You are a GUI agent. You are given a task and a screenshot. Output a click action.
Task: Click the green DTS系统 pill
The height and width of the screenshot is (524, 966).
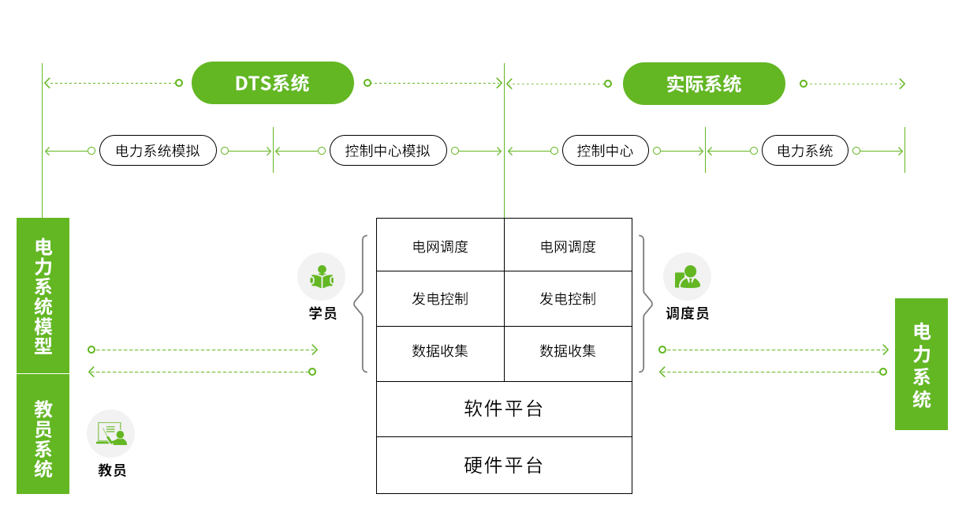point(273,83)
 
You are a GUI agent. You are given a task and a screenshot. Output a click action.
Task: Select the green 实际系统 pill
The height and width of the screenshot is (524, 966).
point(703,84)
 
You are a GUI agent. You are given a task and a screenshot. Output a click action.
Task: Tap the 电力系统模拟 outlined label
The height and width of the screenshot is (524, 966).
point(158,151)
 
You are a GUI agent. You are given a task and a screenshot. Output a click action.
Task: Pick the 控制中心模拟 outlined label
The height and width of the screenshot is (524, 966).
point(388,151)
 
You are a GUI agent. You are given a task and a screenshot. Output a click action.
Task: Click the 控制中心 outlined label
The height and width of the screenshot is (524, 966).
point(605,151)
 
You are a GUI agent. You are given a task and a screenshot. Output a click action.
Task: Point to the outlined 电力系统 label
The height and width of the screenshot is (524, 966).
point(804,151)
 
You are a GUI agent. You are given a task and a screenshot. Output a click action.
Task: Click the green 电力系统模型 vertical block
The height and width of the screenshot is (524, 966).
point(43,295)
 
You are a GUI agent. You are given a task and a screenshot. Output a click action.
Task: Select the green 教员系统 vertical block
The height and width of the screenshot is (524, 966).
point(43,434)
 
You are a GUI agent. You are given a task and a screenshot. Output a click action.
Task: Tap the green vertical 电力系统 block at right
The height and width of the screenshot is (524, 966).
point(921,364)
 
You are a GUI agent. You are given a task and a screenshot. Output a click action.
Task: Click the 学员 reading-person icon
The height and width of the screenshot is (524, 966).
point(321,277)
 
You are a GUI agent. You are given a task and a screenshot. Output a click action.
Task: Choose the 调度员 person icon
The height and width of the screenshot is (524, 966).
point(687,277)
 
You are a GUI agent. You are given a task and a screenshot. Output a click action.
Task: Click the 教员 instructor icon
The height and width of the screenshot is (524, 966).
point(111,433)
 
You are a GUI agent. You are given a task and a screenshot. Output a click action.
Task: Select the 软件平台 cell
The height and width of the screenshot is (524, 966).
point(504,409)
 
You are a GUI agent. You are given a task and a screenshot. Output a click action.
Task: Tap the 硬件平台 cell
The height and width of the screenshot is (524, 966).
point(504,465)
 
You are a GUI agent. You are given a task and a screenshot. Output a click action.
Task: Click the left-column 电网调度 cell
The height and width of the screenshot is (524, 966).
point(440,246)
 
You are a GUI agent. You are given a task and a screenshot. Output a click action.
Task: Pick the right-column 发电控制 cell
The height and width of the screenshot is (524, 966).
point(568,299)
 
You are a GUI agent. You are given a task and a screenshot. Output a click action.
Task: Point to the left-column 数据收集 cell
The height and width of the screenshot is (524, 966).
point(440,351)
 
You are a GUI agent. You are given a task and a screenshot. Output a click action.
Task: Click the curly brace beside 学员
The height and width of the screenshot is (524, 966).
point(361,303)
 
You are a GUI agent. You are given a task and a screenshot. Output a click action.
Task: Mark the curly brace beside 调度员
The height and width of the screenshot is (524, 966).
point(646,303)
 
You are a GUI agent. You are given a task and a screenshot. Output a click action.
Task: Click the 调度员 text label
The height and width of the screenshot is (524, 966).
point(687,314)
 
